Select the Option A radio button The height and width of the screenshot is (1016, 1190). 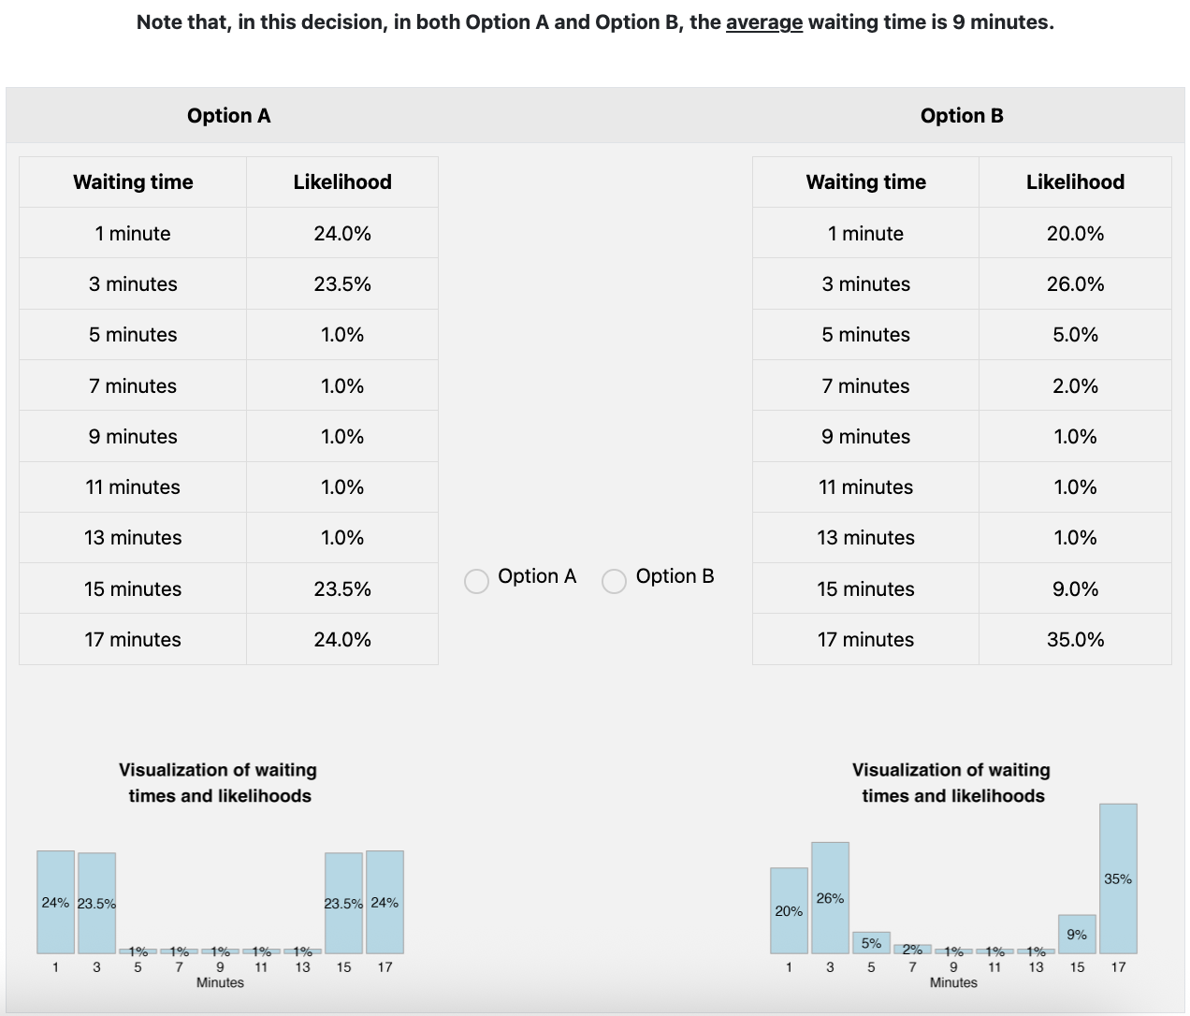coord(476,581)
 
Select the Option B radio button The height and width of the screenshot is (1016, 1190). coord(614,581)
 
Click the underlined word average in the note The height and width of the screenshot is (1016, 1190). coord(763,22)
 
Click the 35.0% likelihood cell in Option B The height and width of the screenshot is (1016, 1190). coord(1075,640)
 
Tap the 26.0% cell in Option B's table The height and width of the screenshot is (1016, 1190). coord(1075,284)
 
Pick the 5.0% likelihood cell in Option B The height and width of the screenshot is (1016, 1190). coord(1075,335)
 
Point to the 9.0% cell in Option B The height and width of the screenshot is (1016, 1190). coord(1075,589)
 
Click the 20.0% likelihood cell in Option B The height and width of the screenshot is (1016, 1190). coord(1075,234)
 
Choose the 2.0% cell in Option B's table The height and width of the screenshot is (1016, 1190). coord(1075,386)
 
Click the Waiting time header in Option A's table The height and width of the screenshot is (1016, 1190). coord(133,182)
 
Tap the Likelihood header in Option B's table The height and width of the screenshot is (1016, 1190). coord(1075,182)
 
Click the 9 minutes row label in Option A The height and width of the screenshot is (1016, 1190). coord(133,437)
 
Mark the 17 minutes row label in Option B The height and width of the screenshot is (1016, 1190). coord(865,640)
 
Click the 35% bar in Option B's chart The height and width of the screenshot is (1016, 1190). coord(1118,878)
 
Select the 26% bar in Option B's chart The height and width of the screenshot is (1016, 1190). coord(830,898)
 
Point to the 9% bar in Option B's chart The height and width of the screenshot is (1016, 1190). coord(1077,935)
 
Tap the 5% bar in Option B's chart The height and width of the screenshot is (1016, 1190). coord(871,943)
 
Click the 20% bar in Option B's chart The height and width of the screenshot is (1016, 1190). coord(789,910)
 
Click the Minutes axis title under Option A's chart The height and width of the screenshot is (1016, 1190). coord(220,982)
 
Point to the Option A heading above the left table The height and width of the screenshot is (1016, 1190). coord(228,116)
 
